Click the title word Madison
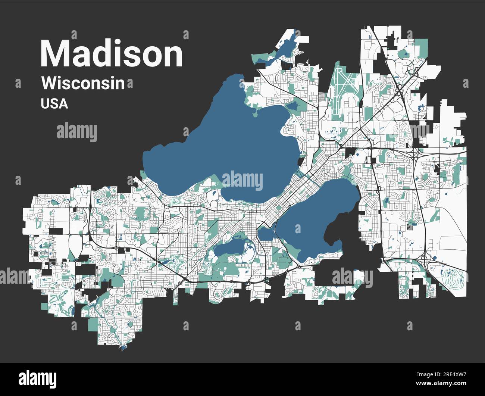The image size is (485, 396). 112,53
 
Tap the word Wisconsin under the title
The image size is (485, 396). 83,83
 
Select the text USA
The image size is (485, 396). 54,103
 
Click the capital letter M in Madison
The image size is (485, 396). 56,53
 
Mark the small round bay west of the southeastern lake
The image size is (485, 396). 265,234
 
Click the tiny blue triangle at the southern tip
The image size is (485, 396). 123,348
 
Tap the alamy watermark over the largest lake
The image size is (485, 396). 242,180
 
